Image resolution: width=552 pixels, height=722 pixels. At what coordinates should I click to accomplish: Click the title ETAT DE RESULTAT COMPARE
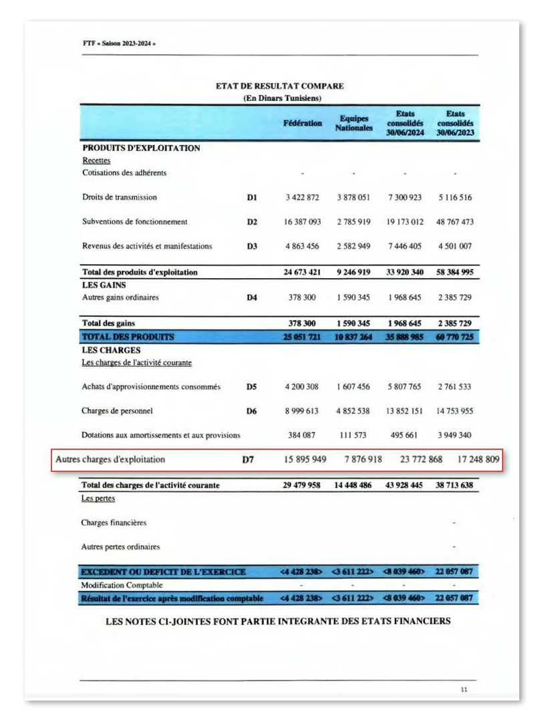point(280,86)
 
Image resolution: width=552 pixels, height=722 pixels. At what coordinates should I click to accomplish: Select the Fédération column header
point(302,124)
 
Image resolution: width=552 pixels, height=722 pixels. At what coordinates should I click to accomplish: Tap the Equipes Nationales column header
point(354,124)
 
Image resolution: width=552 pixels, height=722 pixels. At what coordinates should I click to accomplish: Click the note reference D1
point(252,198)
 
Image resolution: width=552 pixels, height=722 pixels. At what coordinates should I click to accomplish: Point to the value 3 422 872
point(302,198)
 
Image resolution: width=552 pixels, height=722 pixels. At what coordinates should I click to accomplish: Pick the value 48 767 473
point(455,222)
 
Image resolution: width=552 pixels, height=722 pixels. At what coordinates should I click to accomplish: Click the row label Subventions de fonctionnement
point(134,222)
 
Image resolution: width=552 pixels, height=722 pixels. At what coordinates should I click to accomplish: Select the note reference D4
point(252,297)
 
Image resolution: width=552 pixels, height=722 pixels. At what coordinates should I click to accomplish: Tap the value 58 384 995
point(455,273)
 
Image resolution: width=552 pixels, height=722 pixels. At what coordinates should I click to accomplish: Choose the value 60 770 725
point(455,337)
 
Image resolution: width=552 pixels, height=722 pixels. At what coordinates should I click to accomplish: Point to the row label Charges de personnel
point(122,411)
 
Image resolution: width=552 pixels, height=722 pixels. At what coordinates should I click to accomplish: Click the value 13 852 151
point(404,411)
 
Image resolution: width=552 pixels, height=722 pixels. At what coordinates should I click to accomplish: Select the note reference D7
point(247,460)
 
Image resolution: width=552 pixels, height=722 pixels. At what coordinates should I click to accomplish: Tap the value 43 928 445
point(404,485)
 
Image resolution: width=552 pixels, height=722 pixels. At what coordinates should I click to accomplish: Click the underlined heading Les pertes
point(98,498)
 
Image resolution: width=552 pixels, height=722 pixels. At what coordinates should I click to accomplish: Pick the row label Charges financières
point(114,523)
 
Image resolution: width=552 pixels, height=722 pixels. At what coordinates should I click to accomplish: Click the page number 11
point(464,689)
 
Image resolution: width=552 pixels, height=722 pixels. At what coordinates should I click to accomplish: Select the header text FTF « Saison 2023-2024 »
point(119,44)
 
